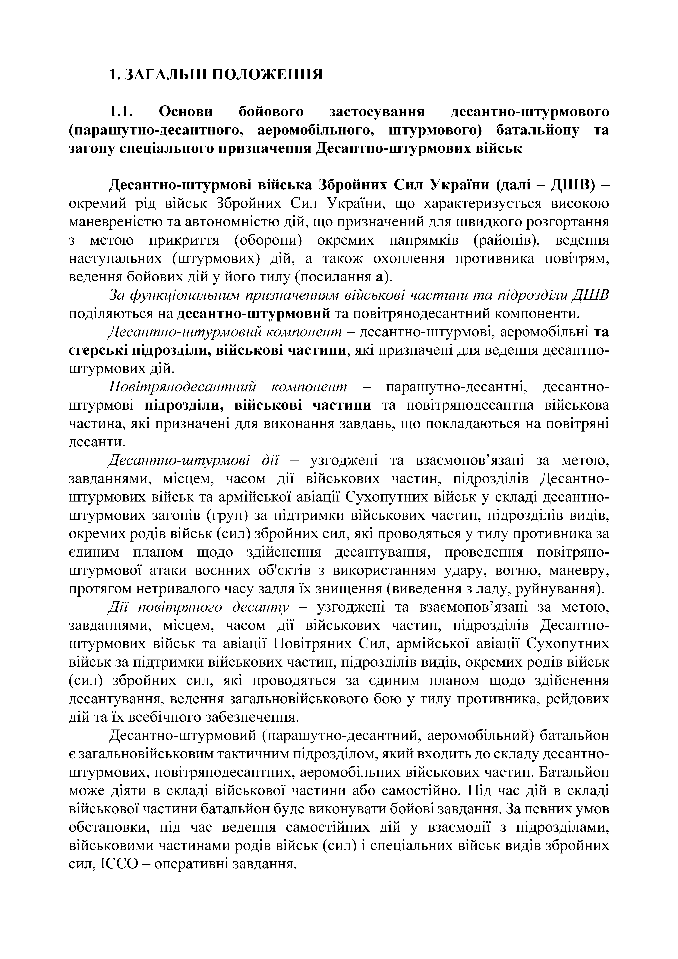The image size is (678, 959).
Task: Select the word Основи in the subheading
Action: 186,112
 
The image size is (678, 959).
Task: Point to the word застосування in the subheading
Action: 377,112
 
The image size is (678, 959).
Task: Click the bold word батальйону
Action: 538,130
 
